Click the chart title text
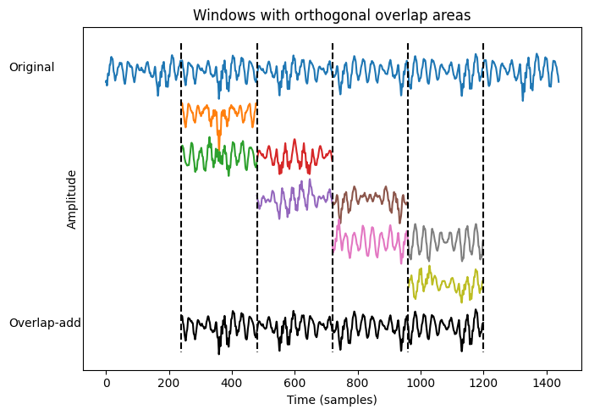[x=332, y=15]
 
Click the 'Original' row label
[x=31, y=67]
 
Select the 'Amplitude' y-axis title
[x=72, y=199]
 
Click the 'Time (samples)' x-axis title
[x=332, y=400]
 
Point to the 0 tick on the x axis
[x=107, y=383]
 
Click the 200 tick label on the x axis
[x=169, y=383]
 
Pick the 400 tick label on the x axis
[x=232, y=383]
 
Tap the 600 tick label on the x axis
[x=294, y=383]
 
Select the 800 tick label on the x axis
[x=358, y=383]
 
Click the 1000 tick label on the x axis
[x=421, y=383]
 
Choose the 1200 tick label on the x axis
[x=483, y=383]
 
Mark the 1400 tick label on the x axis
[x=546, y=383]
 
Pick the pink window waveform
[x=369, y=241]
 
